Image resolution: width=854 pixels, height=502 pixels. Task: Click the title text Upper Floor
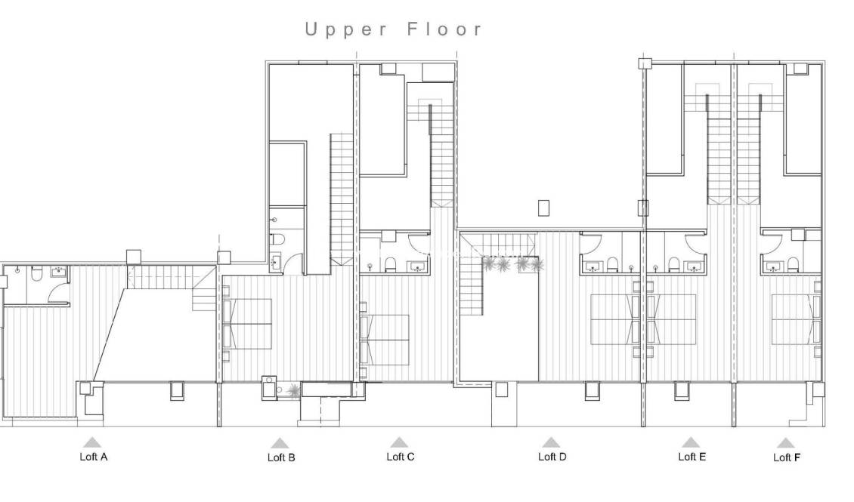click(393, 30)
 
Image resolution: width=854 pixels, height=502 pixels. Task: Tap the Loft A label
click(93, 457)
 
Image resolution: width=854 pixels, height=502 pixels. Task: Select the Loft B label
click(281, 457)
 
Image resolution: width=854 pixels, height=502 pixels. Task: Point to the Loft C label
click(400, 457)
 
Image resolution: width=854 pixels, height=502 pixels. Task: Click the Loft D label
click(552, 457)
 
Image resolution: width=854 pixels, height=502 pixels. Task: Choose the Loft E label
click(692, 457)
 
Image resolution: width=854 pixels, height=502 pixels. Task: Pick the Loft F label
click(787, 457)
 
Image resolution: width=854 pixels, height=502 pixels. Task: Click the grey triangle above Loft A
click(92, 442)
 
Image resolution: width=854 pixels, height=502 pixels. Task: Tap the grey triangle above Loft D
click(551, 442)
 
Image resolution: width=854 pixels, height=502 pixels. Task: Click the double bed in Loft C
click(385, 340)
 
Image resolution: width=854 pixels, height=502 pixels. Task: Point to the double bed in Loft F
click(796, 319)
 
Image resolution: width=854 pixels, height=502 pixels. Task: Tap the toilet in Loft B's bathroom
click(277, 239)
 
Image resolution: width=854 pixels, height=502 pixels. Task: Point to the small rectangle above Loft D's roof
click(544, 208)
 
